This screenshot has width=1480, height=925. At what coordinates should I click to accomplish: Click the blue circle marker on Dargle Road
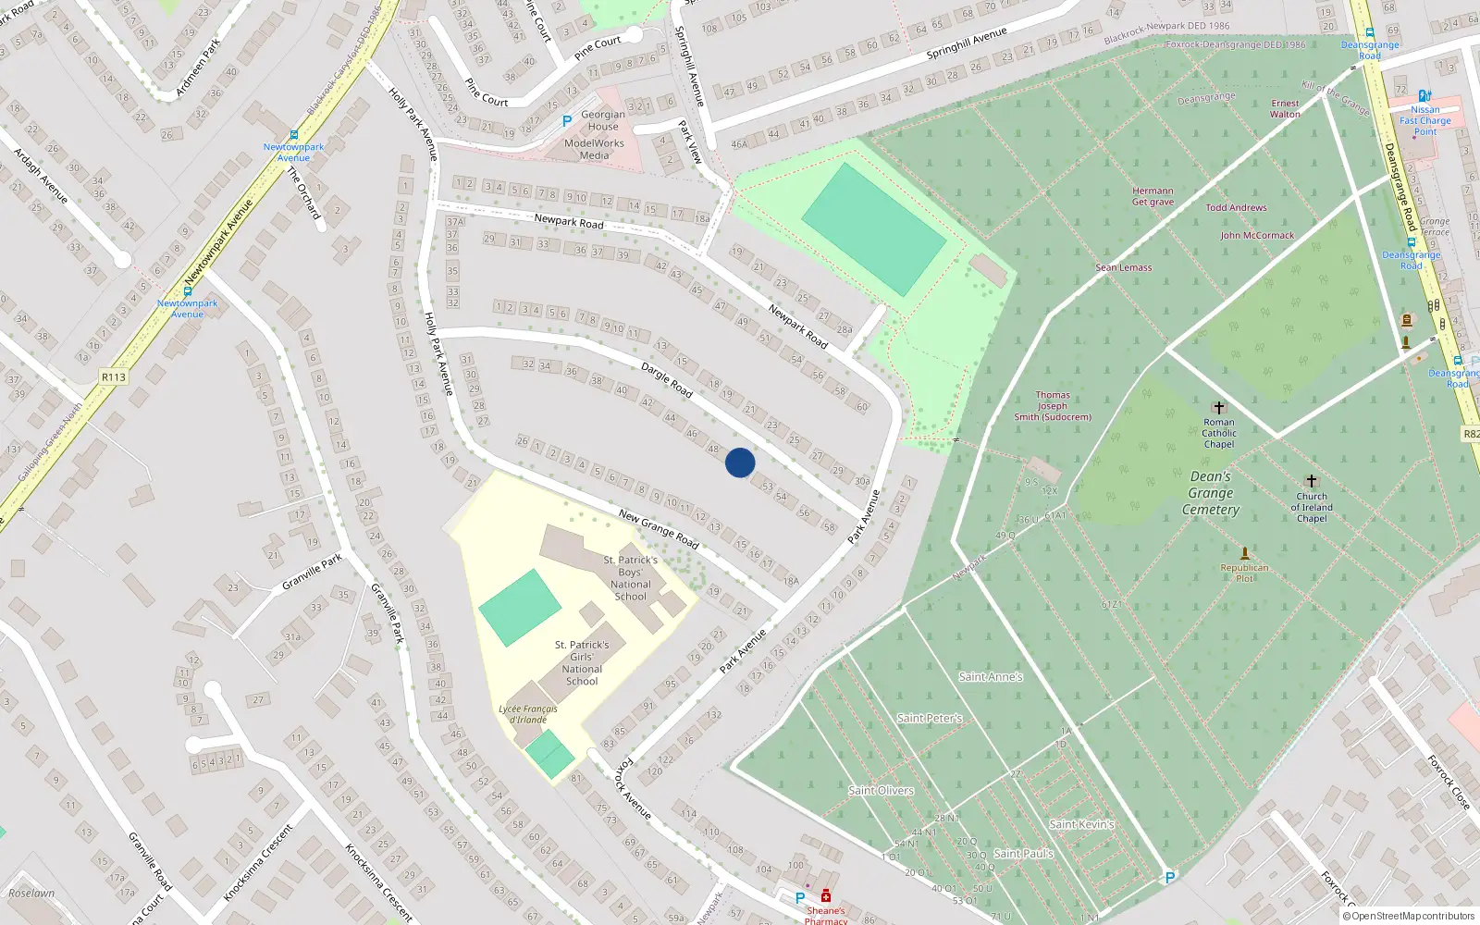tap(740, 462)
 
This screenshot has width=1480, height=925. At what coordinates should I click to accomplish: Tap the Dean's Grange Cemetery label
tap(1210, 493)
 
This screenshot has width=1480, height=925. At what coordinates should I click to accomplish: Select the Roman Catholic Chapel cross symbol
tap(1218, 408)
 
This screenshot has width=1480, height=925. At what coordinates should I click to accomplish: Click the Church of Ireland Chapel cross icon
tap(1311, 481)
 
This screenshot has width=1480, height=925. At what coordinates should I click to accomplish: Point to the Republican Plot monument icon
tap(1244, 553)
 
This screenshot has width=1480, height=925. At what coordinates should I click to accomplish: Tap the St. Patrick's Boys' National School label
tap(631, 578)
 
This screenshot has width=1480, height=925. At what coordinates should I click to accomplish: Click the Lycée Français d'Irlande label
tap(528, 714)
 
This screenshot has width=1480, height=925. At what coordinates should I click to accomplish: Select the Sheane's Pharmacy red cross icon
tap(826, 895)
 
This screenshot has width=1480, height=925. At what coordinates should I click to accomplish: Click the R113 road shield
tap(113, 377)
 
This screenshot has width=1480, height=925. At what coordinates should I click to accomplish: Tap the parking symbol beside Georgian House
tap(567, 121)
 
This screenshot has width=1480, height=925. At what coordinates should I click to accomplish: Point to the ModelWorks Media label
tap(594, 149)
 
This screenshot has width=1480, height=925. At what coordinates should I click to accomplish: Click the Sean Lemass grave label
tap(1124, 267)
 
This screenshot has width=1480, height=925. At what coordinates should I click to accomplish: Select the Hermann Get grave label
tap(1153, 196)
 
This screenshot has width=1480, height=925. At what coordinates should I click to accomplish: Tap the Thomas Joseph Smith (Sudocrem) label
tap(1053, 406)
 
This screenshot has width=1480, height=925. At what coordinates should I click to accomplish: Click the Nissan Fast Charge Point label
tap(1425, 120)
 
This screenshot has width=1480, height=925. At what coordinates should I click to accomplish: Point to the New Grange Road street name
tap(659, 528)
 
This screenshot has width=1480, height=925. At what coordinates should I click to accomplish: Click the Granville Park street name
tap(312, 572)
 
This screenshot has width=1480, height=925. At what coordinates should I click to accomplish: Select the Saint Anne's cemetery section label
tap(991, 677)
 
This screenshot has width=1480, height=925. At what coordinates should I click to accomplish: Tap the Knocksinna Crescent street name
tap(379, 882)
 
